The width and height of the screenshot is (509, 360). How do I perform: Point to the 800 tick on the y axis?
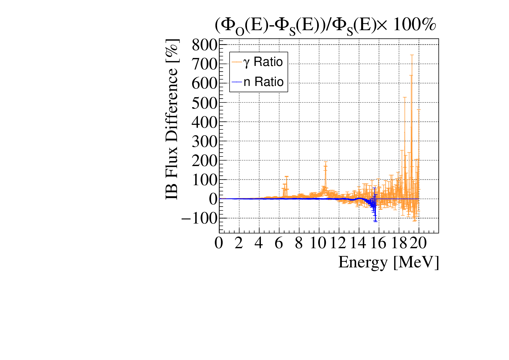[x=205, y=45]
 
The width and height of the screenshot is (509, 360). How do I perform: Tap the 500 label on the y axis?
[x=205, y=103]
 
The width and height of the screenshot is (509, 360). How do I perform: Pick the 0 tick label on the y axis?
[x=213, y=199]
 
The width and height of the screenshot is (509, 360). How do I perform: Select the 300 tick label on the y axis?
[x=205, y=141]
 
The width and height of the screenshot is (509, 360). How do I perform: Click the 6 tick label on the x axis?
[x=279, y=243]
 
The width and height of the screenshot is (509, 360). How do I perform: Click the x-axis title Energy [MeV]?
[x=388, y=262]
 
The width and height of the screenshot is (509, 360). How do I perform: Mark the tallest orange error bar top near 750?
[x=411, y=55]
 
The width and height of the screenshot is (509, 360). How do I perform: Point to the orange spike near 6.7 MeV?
[x=286, y=177]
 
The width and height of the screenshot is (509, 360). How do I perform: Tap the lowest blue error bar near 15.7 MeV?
[x=375, y=222]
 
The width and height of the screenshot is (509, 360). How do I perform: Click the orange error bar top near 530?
[x=405, y=97]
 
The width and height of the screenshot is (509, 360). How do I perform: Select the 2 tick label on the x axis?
[x=239, y=243]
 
